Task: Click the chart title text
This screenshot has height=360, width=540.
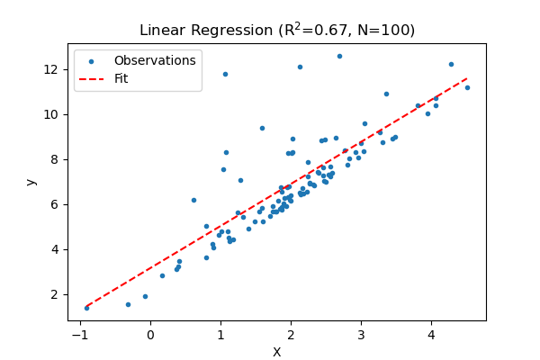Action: tap(276, 30)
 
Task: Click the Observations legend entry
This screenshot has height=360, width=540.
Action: tap(154, 61)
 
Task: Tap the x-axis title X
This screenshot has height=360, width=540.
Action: tap(276, 352)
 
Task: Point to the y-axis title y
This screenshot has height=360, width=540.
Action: tap(31, 182)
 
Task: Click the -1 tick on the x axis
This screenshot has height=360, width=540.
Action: tap(79, 336)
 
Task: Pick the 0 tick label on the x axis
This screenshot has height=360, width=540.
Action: tap(149, 336)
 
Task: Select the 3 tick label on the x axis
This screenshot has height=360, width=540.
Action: tap(360, 336)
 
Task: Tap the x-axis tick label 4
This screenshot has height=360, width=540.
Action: tap(430, 336)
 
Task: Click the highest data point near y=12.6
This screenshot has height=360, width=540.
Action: tap(339, 56)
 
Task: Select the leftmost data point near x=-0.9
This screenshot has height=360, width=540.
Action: tap(86, 308)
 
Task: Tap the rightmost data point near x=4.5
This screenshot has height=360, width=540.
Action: tap(467, 87)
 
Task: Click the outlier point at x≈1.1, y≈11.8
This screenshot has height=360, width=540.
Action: tap(225, 74)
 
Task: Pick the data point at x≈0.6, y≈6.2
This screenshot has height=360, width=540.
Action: tap(193, 200)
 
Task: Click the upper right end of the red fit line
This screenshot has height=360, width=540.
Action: tap(467, 78)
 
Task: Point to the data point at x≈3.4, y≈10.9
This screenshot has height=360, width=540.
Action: tap(386, 94)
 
